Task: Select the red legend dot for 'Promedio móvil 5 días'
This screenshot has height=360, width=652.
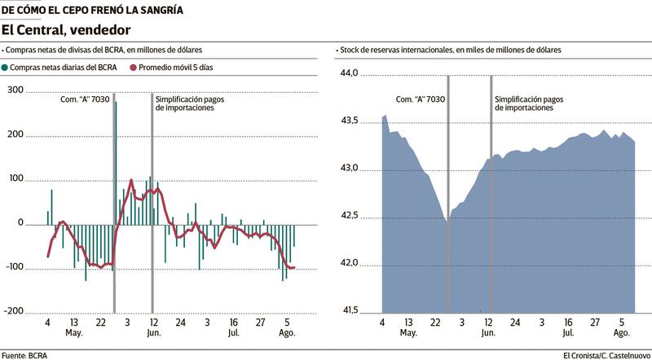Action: click(133, 68)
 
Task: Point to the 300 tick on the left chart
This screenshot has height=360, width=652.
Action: click(15, 90)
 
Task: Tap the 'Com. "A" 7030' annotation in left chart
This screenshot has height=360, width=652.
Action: click(87, 99)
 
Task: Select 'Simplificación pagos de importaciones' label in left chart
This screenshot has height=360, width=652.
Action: click(191, 103)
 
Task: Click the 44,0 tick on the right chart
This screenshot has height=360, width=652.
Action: click(349, 73)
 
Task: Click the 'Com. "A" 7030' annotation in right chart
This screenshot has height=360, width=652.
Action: click(420, 99)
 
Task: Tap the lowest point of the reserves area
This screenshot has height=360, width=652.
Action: click(447, 221)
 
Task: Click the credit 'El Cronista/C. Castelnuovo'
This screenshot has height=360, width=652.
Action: click(606, 354)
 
